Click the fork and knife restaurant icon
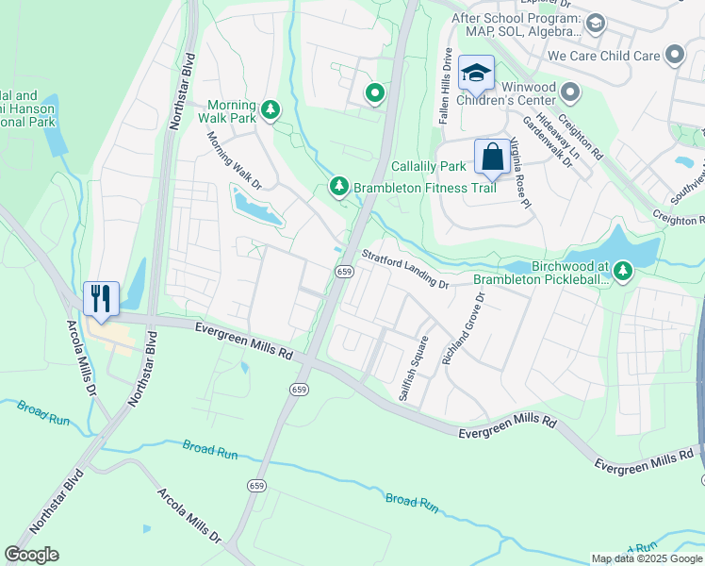(98, 298)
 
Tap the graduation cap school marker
(477, 73)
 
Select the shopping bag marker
(492, 157)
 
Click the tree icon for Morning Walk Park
(271, 110)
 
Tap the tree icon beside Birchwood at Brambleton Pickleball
(622, 272)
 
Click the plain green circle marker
(374, 93)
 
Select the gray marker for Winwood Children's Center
(569, 92)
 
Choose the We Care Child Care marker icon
(674, 56)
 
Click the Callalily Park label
(429, 166)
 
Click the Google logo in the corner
(31, 555)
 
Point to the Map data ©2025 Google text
(645, 558)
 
